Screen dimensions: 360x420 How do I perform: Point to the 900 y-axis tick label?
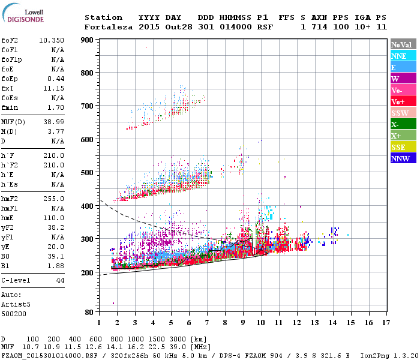click(x=88, y=40)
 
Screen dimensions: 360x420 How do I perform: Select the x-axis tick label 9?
click(x=243, y=322)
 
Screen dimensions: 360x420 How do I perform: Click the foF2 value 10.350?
click(x=52, y=40)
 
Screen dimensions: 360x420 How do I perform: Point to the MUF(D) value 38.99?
click(x=54, y=121)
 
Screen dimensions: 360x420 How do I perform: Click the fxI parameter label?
click(x=8, y=88)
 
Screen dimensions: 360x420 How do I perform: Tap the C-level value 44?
click(x=60, y=280)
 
